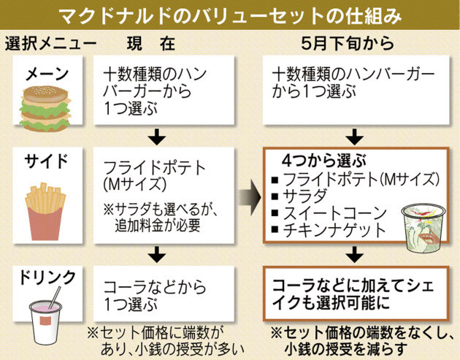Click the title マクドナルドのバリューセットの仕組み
[229, 15]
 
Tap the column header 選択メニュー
[50, 43]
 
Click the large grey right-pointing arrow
[250, 197]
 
